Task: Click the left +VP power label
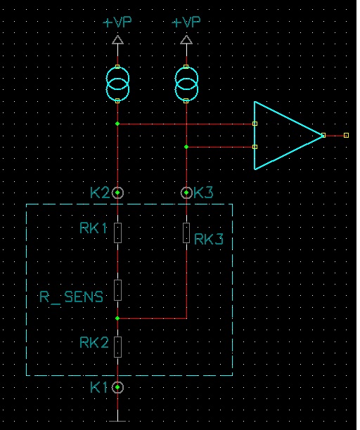pos(117,22)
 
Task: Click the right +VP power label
pos(186,22)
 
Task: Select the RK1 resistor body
pos(117,233)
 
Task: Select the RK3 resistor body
pos(186,233)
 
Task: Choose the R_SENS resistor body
pos(117,290)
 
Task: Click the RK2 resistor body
pos(117,347)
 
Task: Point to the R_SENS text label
pos(71,297)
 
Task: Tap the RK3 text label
pos(209,239)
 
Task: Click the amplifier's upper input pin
pos(255,124)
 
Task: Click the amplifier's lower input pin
pos(255,147)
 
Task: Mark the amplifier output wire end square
pos(346,135)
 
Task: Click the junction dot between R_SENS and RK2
pos(117,318)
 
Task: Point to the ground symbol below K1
pos(117,421)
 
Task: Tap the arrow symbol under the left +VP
pos(117,40)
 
